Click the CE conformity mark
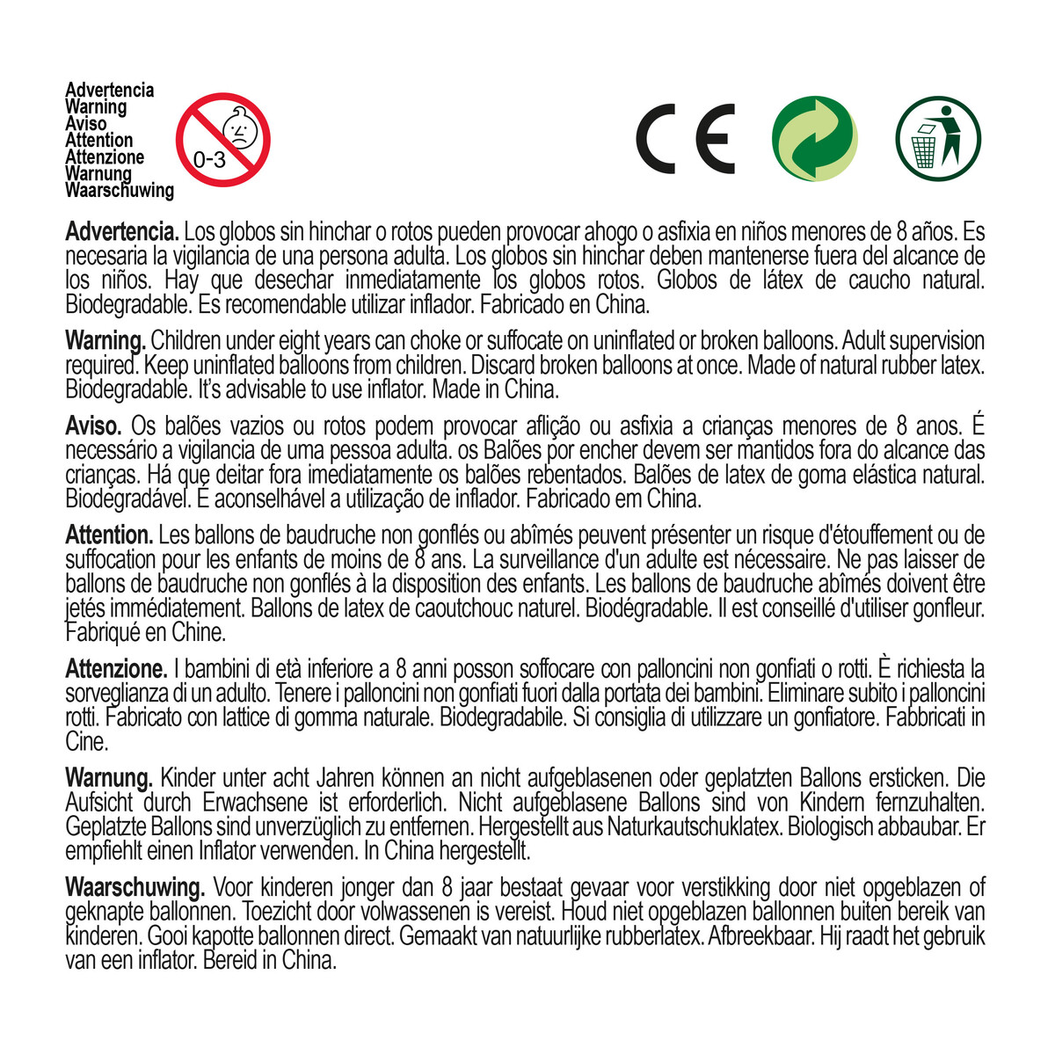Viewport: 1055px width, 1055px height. tap(685, 139)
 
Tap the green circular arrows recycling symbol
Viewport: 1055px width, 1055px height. tap(814, 139)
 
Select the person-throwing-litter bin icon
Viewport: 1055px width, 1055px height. tap(938, 139)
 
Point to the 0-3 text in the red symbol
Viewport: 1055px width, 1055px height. tap(209, 160)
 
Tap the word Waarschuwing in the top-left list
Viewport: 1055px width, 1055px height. tap(120, 190)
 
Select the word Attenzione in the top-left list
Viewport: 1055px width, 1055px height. tap(105, 156)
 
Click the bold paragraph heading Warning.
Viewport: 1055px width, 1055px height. tap(105, 340)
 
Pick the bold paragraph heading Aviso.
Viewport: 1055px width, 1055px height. tap(93, 426)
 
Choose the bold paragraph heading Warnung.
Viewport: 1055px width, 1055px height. tap(109, 778)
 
